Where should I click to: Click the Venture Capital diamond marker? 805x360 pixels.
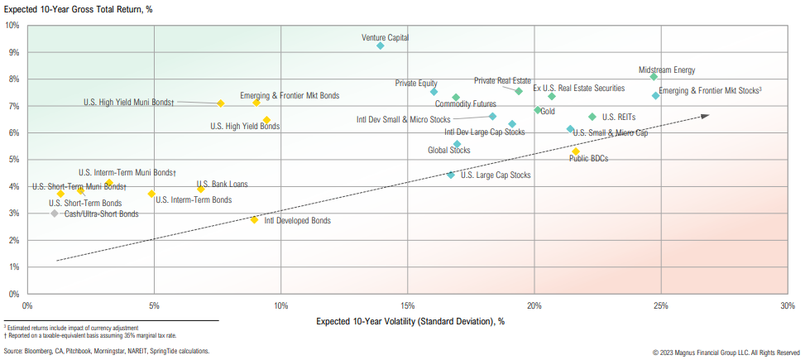(x=381, y=46)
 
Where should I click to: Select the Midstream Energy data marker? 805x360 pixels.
(x=654, y=76)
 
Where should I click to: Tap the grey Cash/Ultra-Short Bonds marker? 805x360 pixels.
(x=55, y=214)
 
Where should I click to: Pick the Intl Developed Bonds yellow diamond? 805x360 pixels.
(x=254, y=219)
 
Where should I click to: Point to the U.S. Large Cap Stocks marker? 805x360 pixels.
(x=451, y=175)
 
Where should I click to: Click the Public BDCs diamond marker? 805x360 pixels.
(x=576, y=151)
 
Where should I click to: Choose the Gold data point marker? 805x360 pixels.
(x=538, y=110)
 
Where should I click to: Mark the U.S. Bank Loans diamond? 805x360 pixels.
(x=200, y=190)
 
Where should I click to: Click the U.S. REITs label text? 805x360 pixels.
(x=619, y=118)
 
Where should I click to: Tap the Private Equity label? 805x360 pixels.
(x=416, y=83)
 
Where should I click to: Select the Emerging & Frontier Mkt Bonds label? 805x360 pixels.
(x=290, y=96)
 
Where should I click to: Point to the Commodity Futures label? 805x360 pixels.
(x=466, y=104)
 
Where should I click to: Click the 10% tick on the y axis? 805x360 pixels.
(x=12, y=25)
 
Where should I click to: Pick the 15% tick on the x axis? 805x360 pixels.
(x=407, y=306)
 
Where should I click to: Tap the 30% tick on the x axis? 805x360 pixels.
(x=787, y=306)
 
